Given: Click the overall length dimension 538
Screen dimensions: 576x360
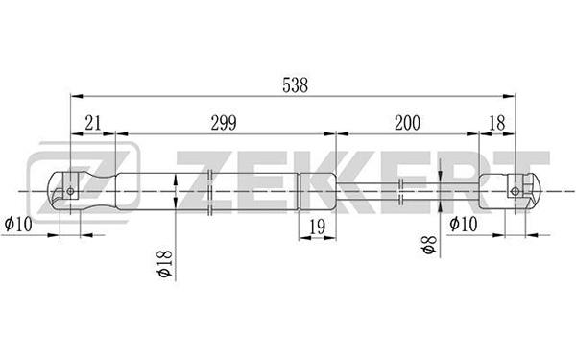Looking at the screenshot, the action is coord(295,85).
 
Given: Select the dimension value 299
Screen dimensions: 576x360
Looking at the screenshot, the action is coord(224,123).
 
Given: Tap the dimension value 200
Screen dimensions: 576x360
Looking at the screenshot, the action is coord(407,123).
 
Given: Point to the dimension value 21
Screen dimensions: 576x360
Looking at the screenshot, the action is coord(92,123).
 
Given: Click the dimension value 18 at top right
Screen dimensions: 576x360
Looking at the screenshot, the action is coord(497,123).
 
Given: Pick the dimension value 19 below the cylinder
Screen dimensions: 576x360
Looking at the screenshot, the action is coord(318,227).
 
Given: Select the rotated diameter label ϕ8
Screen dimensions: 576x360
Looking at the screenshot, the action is coord(429,245).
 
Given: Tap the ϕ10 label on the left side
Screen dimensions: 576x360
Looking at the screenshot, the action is coord(18,224).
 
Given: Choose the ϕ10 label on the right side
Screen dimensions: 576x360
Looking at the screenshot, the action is coord(464,224).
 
